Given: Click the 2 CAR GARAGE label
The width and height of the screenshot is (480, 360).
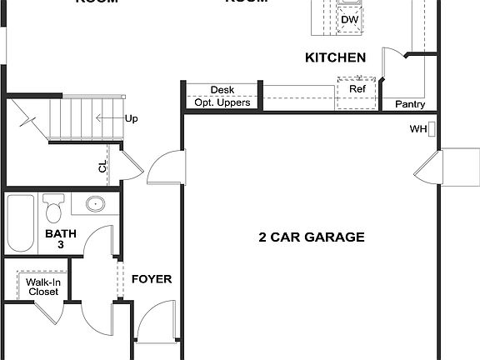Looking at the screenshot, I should click(x=311, y=237).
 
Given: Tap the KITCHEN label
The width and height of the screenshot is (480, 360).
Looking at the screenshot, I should click(x=335, y=57).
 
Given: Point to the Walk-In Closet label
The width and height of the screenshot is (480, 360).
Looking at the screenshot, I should click(x=43, y=287).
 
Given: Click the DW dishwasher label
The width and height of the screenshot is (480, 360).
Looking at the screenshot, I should click(x=348, y=19).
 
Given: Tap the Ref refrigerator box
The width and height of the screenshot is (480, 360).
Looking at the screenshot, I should click(x=357, y=89).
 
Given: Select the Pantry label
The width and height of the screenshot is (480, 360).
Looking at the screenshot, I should click(x=410, y=105).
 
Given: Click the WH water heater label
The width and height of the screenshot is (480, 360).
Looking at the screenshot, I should click(x=417, y=129).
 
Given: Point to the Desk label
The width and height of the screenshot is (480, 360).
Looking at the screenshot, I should click(x=222, y=89).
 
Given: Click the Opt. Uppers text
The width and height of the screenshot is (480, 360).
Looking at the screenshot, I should click(x=222, y=102).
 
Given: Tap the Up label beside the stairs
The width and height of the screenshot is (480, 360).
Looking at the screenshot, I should click(x=131, y=118).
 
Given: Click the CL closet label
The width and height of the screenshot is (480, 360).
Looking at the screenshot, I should click(x=102, y=167).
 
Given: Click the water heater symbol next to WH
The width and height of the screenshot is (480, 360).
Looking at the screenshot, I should click(x=432, y=129).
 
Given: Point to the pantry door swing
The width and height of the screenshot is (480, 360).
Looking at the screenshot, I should click(x=392, y=67).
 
